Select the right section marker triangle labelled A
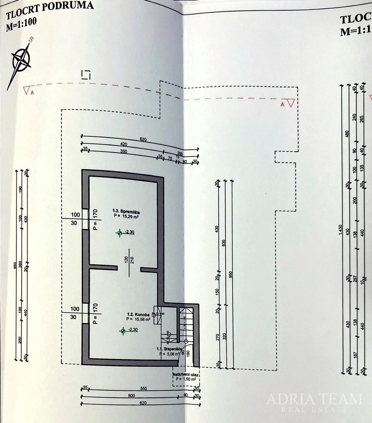(x=290, y=103)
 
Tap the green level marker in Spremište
(x=120, y=233)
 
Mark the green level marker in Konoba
(x=123, y=331)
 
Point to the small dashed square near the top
(x=86, y=75)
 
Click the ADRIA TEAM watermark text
(x=314, y=399)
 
